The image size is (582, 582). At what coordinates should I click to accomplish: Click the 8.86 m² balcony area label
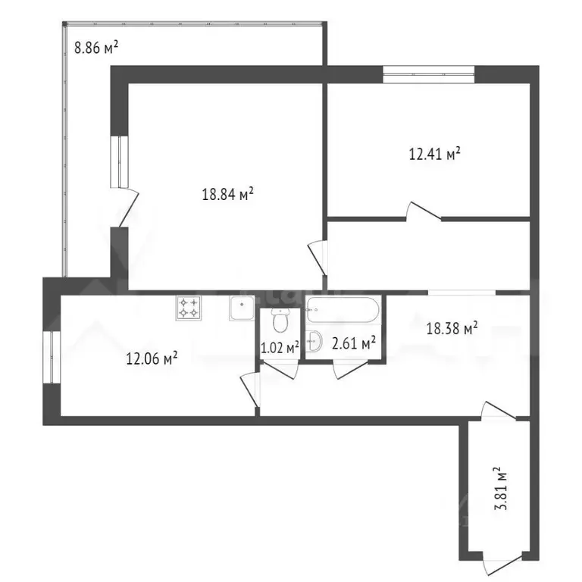[x=95, y=48]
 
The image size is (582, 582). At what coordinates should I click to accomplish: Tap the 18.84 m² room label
[x=227, y=194]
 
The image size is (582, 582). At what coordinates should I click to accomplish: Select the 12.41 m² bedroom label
[x=435, y=155]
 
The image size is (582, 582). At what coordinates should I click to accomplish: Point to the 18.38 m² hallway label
[x=452, y=328]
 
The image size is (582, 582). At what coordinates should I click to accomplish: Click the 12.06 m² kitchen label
[x=152, y=356]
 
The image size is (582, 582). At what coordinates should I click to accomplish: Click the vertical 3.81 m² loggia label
[x=500, y=490]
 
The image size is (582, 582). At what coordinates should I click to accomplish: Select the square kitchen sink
[x=242, y=308]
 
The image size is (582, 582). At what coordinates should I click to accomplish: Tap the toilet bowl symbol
[x=280, y=321]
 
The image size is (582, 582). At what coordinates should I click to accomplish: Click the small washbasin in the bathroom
[x=315, y=343]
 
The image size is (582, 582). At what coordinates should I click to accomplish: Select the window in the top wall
[x=428, y=74]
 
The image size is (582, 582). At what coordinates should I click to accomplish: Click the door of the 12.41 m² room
[x=424, y=212]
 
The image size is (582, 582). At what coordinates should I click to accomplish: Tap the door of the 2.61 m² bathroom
[x=347, y=368]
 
